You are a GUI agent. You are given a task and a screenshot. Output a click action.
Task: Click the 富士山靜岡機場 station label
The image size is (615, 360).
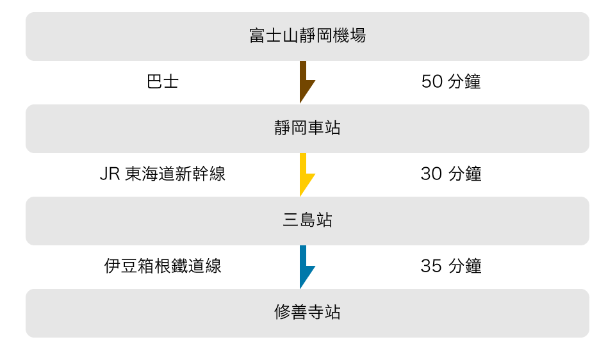307,35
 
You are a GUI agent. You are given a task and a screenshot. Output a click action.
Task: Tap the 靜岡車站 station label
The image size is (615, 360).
307,128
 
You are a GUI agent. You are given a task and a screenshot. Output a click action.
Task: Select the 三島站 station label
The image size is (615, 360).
307,220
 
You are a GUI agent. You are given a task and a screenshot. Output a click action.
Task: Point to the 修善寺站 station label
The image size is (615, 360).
307,312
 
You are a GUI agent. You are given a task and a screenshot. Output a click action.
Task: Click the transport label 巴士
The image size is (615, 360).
163,81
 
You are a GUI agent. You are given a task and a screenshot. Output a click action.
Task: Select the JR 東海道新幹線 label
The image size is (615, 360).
163,174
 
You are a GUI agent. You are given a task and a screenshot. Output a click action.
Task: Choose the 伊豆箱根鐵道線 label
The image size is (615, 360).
163,266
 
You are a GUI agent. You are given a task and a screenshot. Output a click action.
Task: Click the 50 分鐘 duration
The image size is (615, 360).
451,81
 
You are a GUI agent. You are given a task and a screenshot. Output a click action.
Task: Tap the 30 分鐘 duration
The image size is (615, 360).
451,174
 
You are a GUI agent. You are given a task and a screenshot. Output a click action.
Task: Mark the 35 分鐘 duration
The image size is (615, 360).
451,266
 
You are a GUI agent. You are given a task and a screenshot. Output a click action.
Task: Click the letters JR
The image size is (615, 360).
110,174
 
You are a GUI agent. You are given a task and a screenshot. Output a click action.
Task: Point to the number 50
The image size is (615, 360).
432,82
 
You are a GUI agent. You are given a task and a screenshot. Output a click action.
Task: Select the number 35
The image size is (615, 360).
431,266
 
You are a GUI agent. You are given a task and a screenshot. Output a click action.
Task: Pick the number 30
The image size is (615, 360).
431,174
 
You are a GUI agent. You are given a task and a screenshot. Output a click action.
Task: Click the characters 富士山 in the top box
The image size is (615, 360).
274,35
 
